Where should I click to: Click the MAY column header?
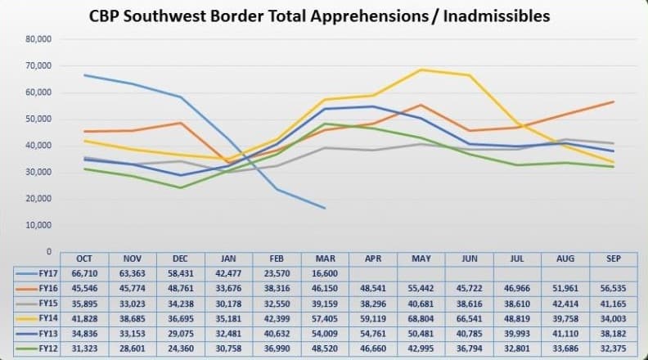[x=421, y=259]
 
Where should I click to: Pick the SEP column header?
[x=613, y=259]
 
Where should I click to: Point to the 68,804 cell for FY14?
[x=421, y=317]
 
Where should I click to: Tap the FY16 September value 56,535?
[x=613, y=288]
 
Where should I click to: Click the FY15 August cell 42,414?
[x=565, y=302]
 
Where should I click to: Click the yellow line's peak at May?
[x=421, y=70]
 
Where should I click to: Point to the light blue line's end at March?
[x=325, y=208]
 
